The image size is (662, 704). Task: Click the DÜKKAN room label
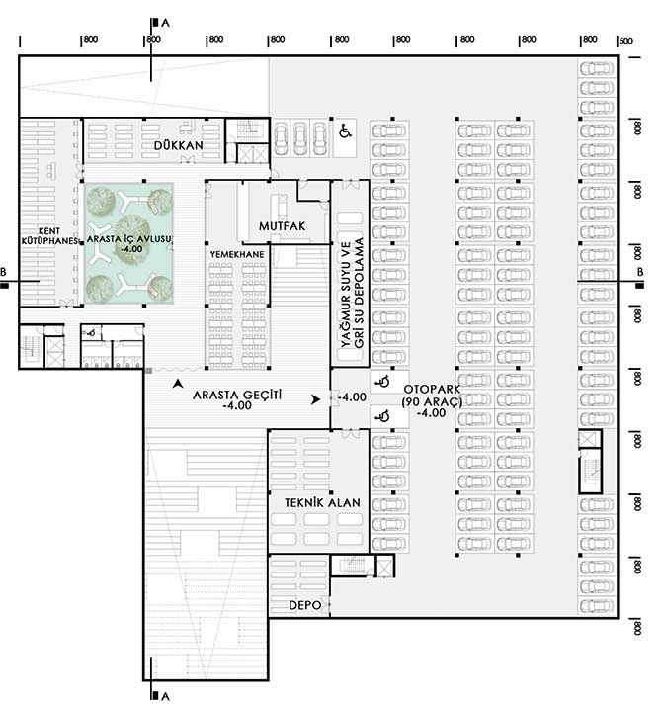coord(179,145)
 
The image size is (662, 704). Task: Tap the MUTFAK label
coord(283,226)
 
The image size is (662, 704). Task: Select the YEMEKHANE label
coord(237,254)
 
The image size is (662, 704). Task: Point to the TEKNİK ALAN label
coord(322,503)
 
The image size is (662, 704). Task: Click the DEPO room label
coord(305,605)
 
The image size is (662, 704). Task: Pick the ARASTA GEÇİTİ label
coord(237,396)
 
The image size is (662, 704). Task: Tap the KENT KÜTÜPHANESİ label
coord(49,236)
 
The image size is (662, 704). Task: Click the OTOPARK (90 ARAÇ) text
coord(432,396)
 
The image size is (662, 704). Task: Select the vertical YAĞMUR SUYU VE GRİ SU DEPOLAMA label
coord(352,293)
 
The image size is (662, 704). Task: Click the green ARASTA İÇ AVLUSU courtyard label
coord(128,239)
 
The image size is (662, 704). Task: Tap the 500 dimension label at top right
coord(626,41)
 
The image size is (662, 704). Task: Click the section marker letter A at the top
coord(166,23)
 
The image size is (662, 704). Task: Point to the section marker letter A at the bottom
coord(166,696)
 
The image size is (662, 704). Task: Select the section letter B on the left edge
coord(3,273)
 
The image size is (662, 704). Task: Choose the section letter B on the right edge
coord(640,272)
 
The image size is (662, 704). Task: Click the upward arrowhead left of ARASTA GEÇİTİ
coord(179,383)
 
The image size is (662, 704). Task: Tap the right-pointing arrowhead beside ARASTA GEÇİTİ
coord(316,398)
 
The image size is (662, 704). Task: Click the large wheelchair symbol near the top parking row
coord(345,132)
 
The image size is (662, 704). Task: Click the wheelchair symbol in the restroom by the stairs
coord(91,333)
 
